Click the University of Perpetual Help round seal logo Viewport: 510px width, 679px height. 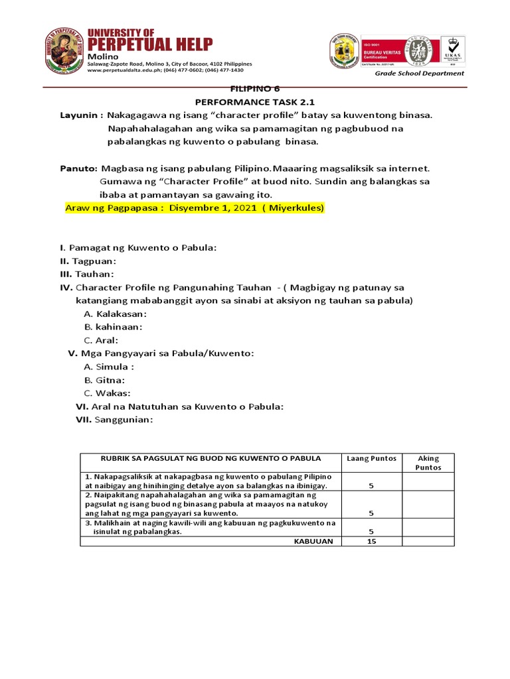(65, 50)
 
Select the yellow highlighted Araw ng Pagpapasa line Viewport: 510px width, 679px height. (194, 208)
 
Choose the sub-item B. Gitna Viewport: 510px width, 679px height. (104, 380)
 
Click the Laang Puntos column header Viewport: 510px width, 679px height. (371, 458)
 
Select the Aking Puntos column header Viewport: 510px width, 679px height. (428, 462)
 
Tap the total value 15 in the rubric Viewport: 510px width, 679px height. (371, 541)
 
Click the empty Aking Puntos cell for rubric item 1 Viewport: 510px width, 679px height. (428, 481)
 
